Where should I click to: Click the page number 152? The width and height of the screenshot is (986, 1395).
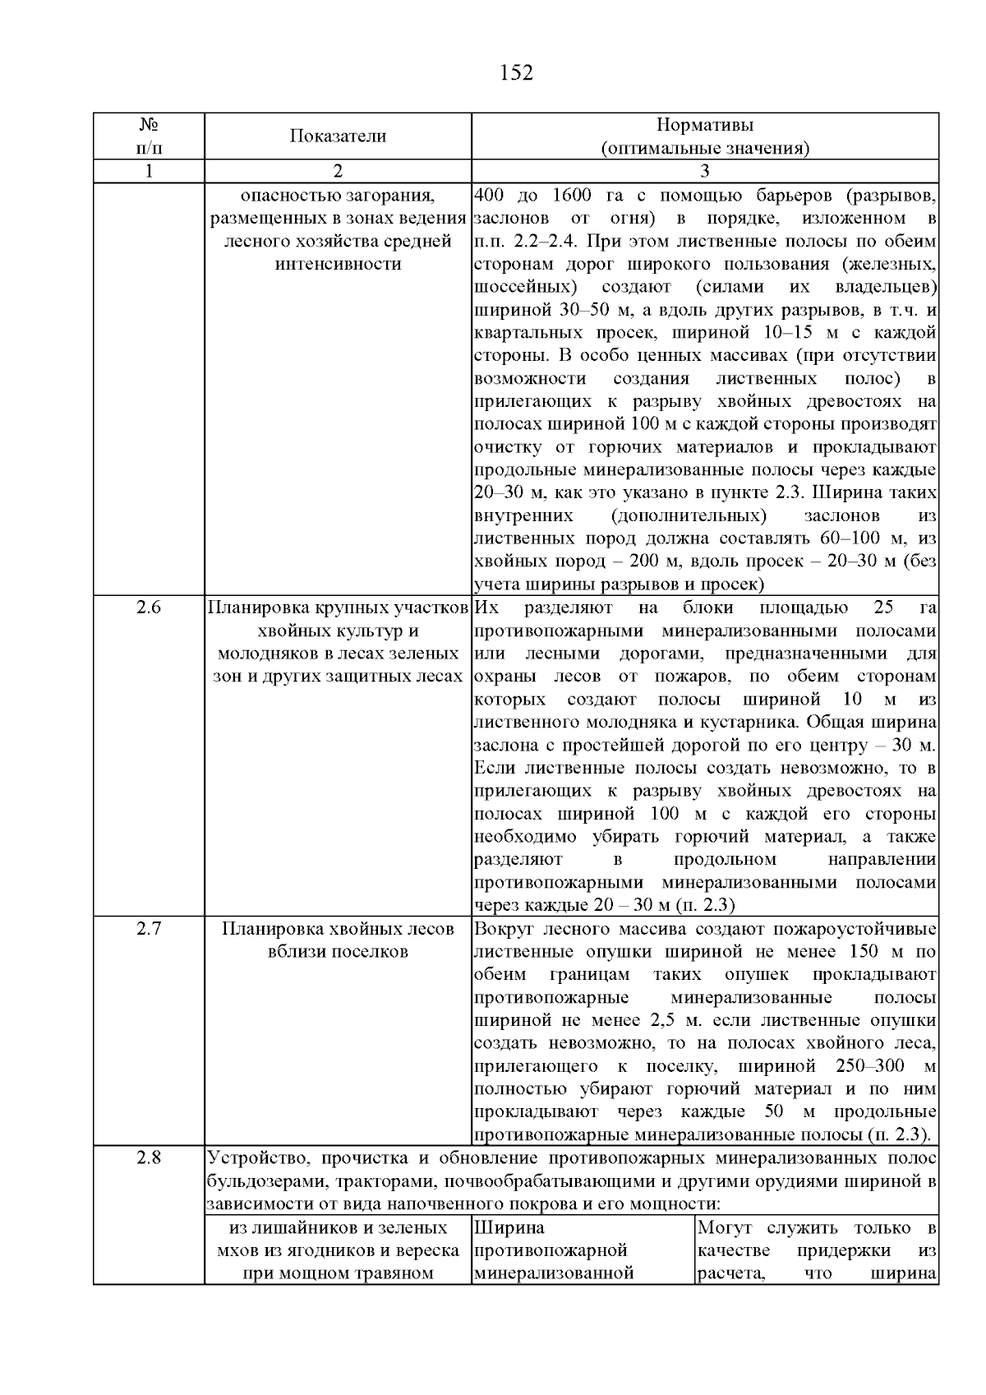(x=516, y=73)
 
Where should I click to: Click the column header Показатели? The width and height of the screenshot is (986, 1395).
(x=337, y=136)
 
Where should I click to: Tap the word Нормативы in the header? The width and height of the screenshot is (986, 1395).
(x=704, y=125)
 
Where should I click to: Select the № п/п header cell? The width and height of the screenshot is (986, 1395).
(x=148, y=136)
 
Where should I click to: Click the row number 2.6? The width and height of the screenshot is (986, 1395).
(x=148, y=608)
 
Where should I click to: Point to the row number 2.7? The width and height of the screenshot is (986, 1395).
(x=148, y=929)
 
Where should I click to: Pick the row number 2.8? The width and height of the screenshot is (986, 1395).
(x=148, y=1158)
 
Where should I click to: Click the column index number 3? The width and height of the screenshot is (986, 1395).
(x=704, y=171)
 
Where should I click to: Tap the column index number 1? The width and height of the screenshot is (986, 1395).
(x=148, y=171)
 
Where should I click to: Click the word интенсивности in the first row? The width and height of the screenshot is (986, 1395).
(x=337, y=264)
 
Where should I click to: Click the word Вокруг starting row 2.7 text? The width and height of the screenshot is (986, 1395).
(x=503, y=929)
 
